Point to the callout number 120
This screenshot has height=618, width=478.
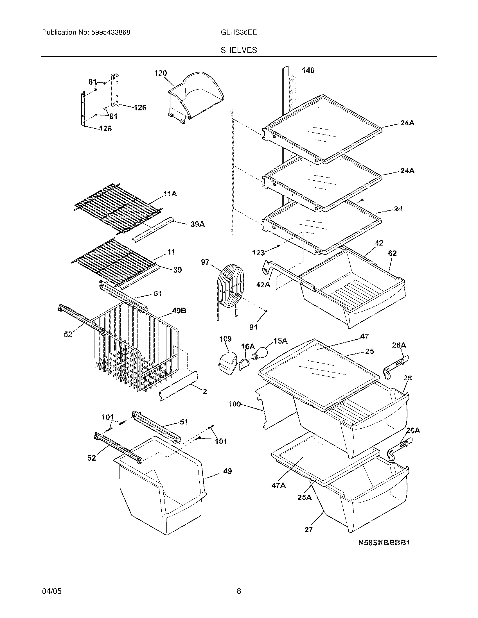point(160,73)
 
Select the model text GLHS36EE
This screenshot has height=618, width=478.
point(238,32)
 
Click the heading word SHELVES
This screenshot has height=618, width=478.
point(239,50)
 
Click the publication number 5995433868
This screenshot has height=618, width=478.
point(111,32)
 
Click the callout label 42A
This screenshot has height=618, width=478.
point(263,285)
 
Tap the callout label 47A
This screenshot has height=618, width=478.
point(278,485)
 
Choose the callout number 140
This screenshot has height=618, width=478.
point(308,70)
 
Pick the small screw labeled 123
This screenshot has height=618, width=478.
point(278,246)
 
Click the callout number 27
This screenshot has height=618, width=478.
point(308,530)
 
